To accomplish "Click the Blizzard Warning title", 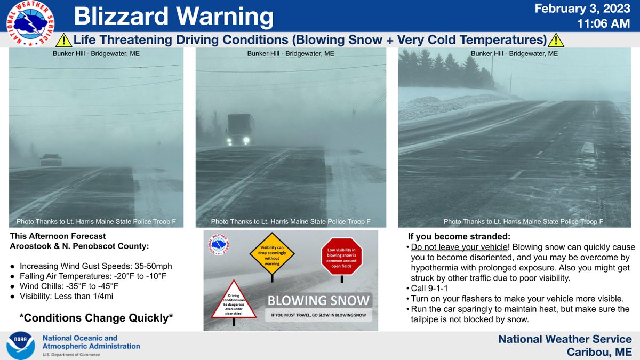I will point(173,17).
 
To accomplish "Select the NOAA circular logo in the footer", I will point(21,346).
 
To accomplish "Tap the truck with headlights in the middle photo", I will point(239,130).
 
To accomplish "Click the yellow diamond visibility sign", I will point(273,253).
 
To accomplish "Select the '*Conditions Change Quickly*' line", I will point(96,318).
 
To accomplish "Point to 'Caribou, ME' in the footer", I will point(599,351).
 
